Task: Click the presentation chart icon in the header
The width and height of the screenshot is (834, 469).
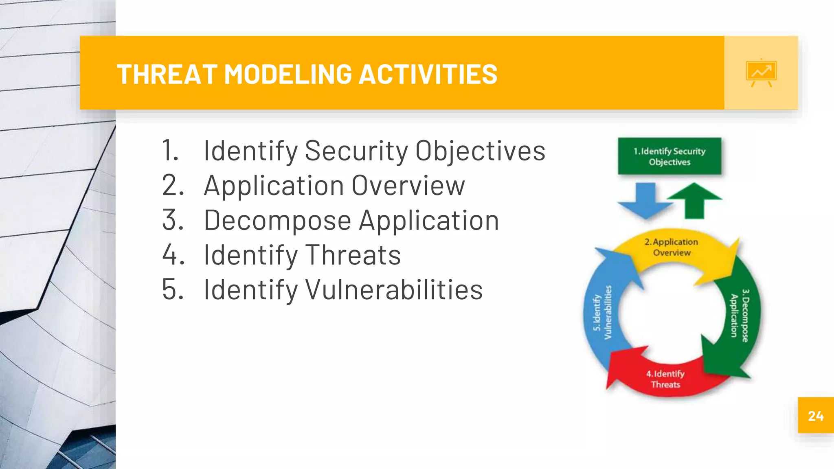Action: point(761,73)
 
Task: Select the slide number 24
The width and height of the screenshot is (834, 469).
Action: point(816,416)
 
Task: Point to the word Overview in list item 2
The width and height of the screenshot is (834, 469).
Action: point(408,186)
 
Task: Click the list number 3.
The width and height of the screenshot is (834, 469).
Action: point(173,220)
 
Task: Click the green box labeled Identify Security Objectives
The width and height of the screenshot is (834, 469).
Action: point(669,156)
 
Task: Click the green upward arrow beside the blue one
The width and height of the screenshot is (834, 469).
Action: point(694,199)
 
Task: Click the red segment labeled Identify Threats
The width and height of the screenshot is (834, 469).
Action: point(665,379)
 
